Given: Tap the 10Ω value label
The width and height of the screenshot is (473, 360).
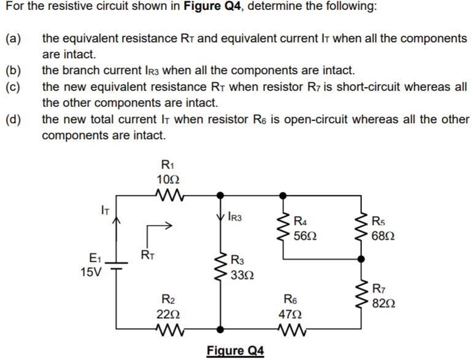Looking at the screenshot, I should (168, 179).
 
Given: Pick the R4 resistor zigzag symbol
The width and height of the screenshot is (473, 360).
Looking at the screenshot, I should (283, 228).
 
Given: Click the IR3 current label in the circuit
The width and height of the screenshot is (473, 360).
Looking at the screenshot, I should (235, 216).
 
